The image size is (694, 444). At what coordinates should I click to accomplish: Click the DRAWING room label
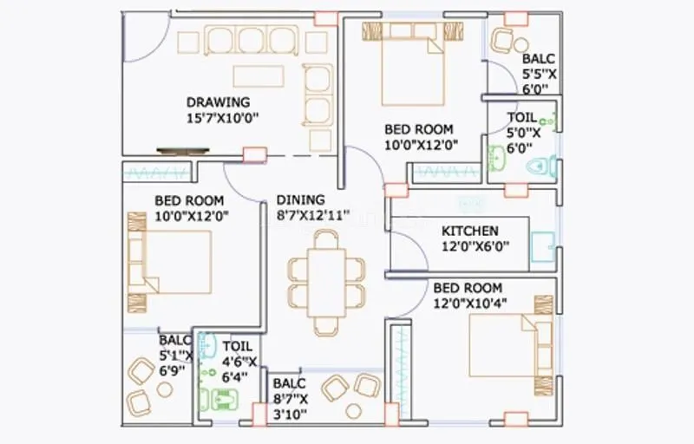219,101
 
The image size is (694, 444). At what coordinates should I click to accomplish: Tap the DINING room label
301,199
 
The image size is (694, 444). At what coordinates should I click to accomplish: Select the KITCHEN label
470,231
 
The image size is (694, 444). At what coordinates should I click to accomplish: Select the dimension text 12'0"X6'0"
475,246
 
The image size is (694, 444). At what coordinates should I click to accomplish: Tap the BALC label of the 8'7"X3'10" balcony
288,383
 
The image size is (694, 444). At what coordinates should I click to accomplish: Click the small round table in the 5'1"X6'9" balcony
165,390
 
